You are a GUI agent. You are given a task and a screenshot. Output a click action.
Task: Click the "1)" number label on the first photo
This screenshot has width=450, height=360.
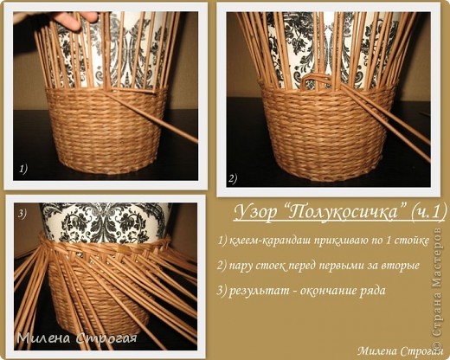click(x=23, y=169)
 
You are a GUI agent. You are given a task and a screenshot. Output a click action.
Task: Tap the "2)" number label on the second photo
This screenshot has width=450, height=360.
click(x=233, y=178)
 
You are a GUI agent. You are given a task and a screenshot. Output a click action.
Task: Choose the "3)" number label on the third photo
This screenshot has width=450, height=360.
click(x=22, y=214)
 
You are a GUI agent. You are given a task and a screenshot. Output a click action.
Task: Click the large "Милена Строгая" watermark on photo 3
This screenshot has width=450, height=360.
click(x=77, y=337)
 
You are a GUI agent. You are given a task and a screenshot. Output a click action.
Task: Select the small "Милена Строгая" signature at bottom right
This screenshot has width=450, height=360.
click(x=400, y=351)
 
